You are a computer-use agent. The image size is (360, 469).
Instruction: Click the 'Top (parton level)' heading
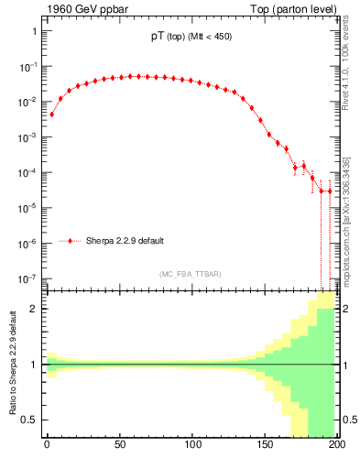pos(293,9)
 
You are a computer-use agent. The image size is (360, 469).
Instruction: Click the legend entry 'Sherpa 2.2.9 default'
pos(125,241)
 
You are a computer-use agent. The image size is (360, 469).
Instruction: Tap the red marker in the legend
pos(71,241)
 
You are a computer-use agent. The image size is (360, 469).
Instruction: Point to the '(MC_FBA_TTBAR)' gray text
pos(190,274)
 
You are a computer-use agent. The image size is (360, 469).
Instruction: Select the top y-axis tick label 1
pos(34,32)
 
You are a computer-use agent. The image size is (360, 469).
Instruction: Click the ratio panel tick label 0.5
pos(29,420)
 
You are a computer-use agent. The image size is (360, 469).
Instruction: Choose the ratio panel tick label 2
pos(34,309)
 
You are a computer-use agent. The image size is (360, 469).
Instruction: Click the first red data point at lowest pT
pos(51,115)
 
